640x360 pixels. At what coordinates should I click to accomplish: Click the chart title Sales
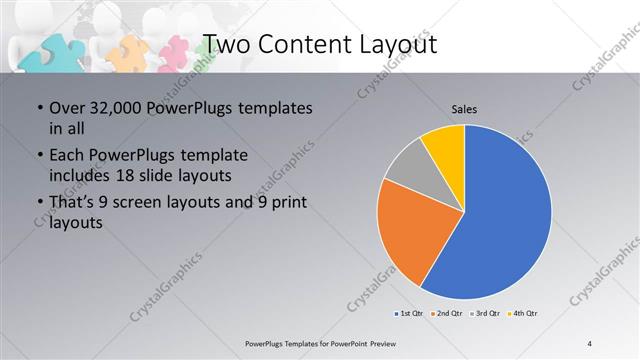point(465,108)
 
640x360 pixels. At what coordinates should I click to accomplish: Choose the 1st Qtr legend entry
point(410,314)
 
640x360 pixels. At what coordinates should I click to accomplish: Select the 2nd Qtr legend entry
point(447,314)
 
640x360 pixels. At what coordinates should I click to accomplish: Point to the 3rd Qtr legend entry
point(485,314)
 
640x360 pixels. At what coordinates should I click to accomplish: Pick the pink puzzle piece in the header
point(175,53)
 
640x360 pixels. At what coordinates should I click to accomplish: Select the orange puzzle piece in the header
point(130,50)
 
